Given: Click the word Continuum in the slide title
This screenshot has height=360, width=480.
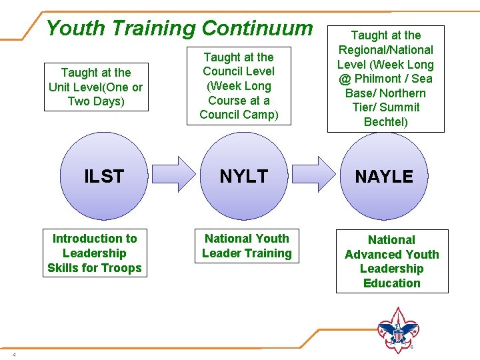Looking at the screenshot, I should pos(257,28).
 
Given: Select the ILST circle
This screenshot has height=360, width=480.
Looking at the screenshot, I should pos(104,176).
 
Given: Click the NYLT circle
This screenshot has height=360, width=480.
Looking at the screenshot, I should pos(243,176).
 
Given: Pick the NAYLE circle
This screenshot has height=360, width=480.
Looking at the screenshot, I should pos(384,176).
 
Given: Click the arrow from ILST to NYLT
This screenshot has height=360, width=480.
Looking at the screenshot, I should pos(175,175).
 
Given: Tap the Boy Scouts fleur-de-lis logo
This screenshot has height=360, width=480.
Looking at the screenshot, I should pos(397,330).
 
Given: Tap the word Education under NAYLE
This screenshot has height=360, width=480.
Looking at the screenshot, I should pos(392,283).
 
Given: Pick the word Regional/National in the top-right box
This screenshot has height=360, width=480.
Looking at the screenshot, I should pos(385,50).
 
